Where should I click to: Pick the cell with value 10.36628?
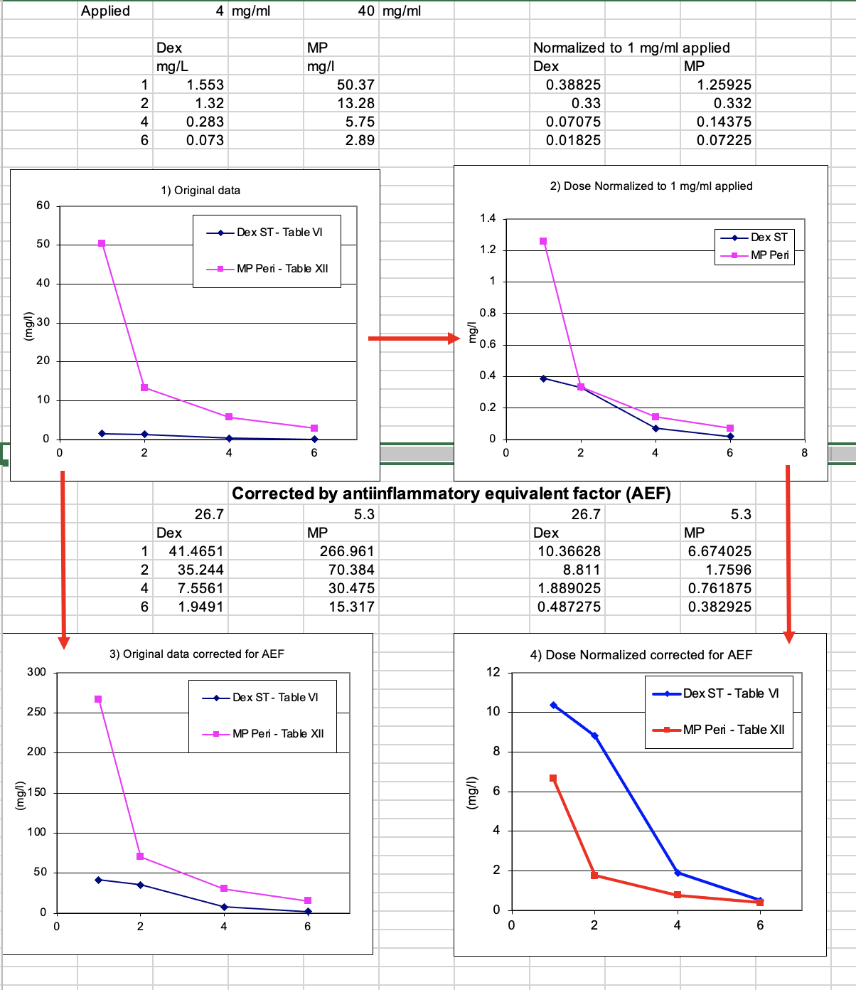click(x=569, y=551)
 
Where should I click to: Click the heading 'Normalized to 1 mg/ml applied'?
click(x=631, y=48)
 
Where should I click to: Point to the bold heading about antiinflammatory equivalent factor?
click(x=451, y=494)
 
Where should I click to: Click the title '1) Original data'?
click(x=200, y=191)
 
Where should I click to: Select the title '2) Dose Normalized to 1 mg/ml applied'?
click(x=651, y=186)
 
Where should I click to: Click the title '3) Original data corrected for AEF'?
click(x=196, y=654)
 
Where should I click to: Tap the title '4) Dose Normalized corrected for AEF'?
click(x=641, y=655)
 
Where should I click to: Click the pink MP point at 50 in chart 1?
click(x=102, y=243)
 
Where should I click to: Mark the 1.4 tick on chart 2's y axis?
click(x=487, y=218)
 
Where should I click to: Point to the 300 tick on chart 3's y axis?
click(x=37, y=672)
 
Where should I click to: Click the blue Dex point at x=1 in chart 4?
click(x=553, y=706)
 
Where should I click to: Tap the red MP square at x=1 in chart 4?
click(x=553, y=778)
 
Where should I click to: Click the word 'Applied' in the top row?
click(x=105, y=11)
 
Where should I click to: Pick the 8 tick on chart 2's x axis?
click(x=805, y=453)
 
